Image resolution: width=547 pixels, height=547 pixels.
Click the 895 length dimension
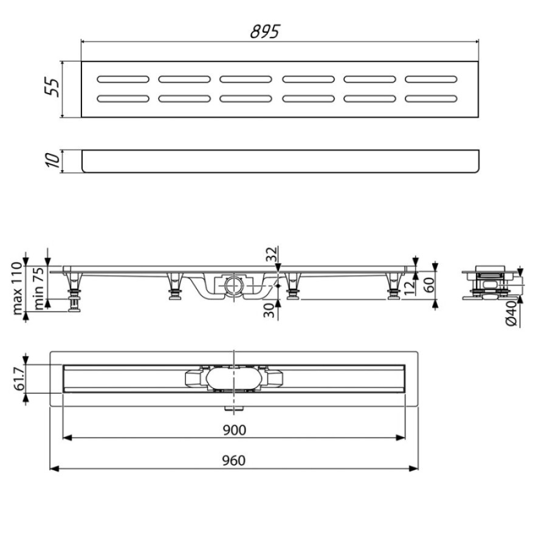pos(265,32)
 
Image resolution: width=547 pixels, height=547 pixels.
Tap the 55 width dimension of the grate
pos(52,87)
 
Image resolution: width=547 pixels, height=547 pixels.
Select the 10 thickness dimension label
pos(52,160)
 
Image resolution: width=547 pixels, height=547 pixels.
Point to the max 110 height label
pos(18,289)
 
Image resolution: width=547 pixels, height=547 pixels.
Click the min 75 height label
pos(39,288)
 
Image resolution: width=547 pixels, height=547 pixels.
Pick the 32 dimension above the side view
pos(272,253)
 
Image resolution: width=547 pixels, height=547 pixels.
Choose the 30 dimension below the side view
pos(269,310)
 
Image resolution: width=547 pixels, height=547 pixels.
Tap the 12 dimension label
pos(410,287)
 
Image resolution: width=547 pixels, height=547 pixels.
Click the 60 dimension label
pos(429,284)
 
